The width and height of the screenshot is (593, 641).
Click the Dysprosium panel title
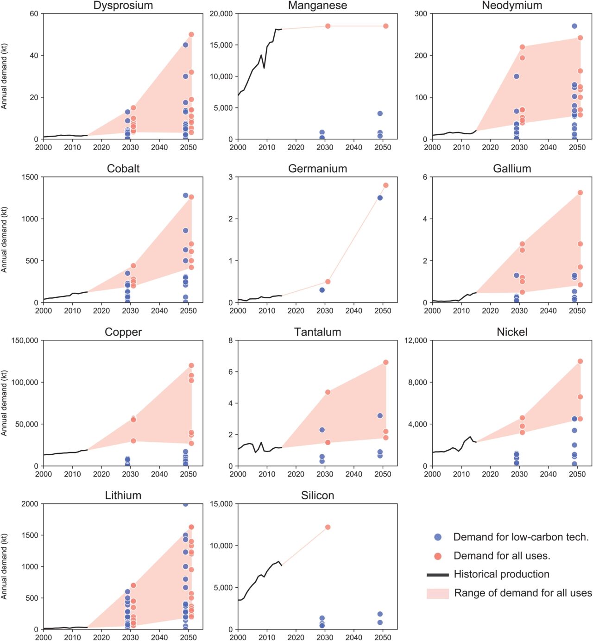123,5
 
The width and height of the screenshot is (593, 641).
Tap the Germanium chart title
317,169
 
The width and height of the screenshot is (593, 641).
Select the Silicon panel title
317,495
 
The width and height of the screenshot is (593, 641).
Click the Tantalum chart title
317,332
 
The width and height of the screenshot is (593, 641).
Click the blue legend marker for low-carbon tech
438,537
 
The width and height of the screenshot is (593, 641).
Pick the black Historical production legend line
438,575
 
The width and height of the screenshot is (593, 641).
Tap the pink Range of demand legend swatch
438,594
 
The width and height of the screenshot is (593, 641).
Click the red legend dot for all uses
438,556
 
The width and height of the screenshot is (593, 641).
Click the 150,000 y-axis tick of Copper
25,340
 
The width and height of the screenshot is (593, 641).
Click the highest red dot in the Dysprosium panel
191,35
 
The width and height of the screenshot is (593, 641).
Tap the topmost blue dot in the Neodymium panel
574,26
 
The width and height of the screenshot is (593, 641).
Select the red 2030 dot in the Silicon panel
328,527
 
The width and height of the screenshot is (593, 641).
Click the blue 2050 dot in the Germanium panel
380,198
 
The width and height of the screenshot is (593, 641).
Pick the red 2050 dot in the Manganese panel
385,26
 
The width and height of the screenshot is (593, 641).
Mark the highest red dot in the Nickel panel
580,361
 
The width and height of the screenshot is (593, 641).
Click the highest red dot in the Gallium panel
580,193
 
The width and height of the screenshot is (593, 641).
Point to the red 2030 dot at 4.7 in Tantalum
328,392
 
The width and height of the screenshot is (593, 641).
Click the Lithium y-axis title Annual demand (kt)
4,566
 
